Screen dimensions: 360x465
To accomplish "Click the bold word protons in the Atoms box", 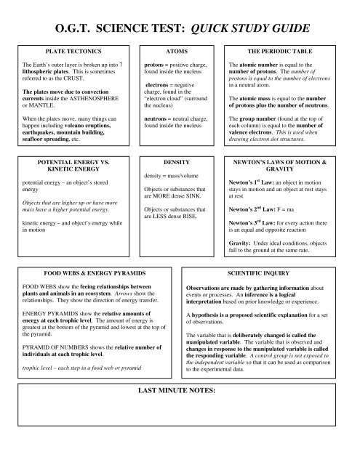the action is (156, 64).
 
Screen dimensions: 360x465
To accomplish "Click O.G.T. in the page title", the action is (77, 28).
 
